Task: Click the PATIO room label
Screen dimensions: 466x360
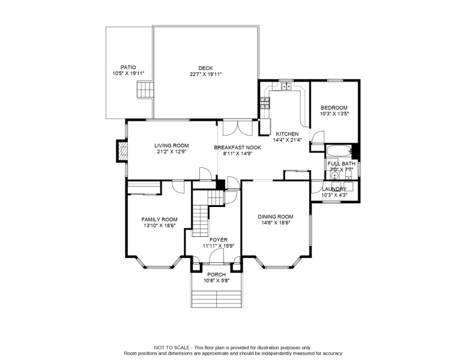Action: [128, 67]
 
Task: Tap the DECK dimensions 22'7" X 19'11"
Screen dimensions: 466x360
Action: [205, 74]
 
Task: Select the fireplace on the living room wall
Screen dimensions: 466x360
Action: [123, 151]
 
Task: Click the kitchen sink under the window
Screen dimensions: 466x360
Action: [286, 86]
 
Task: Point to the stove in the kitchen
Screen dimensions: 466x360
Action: [265, 103]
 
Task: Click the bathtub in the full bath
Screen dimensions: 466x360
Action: [339, 151]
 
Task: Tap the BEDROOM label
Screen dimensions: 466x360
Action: [334, 108]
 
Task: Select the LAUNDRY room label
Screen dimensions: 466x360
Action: [334, 189]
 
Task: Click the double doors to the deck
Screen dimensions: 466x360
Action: [237, 128]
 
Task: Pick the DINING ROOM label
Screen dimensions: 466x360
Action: [276, 217]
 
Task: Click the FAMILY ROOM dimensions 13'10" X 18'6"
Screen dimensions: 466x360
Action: [159, 226]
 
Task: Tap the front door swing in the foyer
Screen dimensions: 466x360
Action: [216, 256]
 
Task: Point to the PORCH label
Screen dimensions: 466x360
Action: [216, 275]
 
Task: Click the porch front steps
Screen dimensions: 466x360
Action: [216, 299]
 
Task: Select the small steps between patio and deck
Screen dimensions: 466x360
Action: [145, 90]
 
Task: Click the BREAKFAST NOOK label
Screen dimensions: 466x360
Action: [237, 148]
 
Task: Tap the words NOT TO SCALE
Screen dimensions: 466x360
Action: [172, 347]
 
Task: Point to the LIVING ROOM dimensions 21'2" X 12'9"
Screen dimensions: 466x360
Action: [172, 151]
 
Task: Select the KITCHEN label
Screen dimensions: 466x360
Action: [287, 134]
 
